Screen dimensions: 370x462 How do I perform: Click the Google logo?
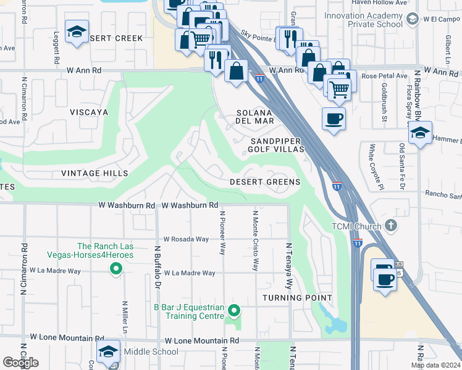pos(20,363)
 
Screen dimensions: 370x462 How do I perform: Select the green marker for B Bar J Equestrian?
pos(233,310)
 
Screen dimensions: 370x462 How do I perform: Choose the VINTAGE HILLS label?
pos(94,174)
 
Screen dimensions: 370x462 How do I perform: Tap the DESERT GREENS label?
pos(264,182)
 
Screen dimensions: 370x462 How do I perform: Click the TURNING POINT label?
pos(297,298)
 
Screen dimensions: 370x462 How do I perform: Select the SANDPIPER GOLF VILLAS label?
pos(277,145)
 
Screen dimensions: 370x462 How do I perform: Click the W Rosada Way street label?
pos(186,239)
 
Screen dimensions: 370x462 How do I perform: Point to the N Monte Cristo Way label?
pos(255,240)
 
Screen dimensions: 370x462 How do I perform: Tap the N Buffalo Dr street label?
pos(157,267)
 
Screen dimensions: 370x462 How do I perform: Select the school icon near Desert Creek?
pos(77,32)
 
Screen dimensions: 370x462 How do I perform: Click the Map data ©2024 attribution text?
pos(435,365)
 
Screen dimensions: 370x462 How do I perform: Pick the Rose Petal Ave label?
pos(385,76)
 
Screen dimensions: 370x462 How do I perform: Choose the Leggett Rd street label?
pos(56,49)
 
